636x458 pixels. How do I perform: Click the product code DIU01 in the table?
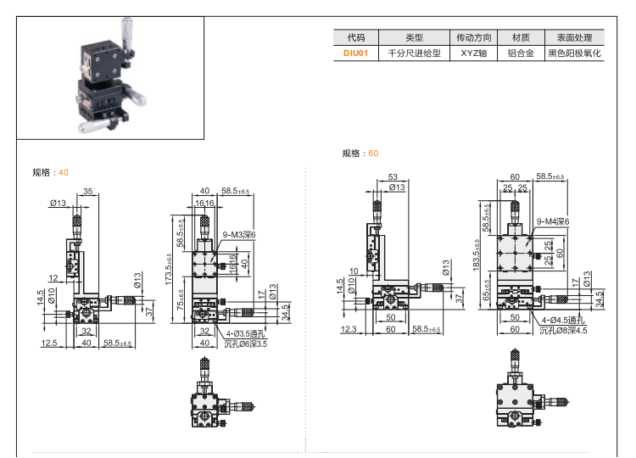[x=355, y=53]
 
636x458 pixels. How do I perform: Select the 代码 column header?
[x=355, y=37]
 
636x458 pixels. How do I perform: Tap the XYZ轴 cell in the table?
[x=474, y=53]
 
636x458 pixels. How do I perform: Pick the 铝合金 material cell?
[x=520, y=53]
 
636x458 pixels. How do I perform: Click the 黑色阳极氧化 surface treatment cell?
[x=573, y=53]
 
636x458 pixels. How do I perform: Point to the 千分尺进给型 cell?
[x=414, y=53]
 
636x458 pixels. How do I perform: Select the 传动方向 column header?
[x=474, y=37]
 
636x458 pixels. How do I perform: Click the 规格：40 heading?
[x=50, y=172]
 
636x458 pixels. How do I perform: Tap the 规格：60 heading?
[x=360, y=154]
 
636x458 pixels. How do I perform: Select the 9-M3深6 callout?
[x=238, y=234]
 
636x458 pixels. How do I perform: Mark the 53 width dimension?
[x=392, y=176]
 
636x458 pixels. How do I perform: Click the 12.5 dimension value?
[x=48, y=343]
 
